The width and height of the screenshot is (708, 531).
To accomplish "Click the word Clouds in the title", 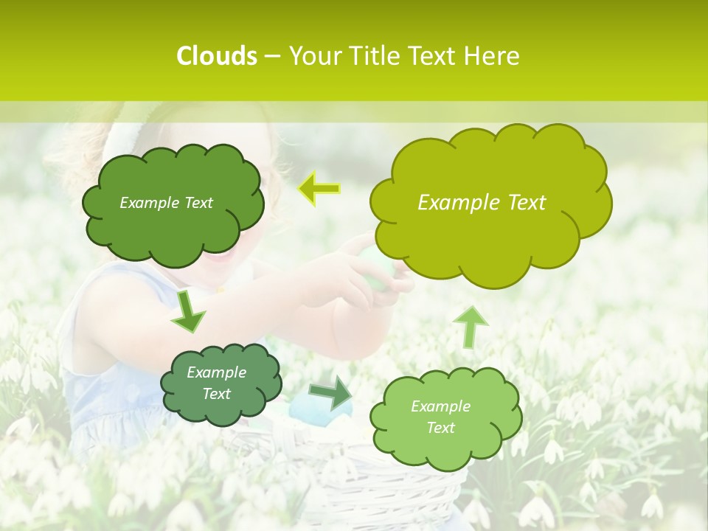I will click(x=216, y=56).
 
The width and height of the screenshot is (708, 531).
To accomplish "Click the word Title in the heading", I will click(x=370, y=56).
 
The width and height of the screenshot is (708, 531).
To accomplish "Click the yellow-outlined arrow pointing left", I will click(x=319, y=189).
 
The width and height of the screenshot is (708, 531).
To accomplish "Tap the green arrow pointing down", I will click(x=188, y=310).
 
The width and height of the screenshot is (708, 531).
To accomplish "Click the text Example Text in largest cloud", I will click(x=482, y=203).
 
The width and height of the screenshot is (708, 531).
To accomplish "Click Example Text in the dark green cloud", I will click(x=166, y=203).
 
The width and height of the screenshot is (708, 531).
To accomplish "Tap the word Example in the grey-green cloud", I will click(x=216, y=373).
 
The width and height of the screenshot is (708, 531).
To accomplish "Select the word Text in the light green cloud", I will click(x=440, y=428).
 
